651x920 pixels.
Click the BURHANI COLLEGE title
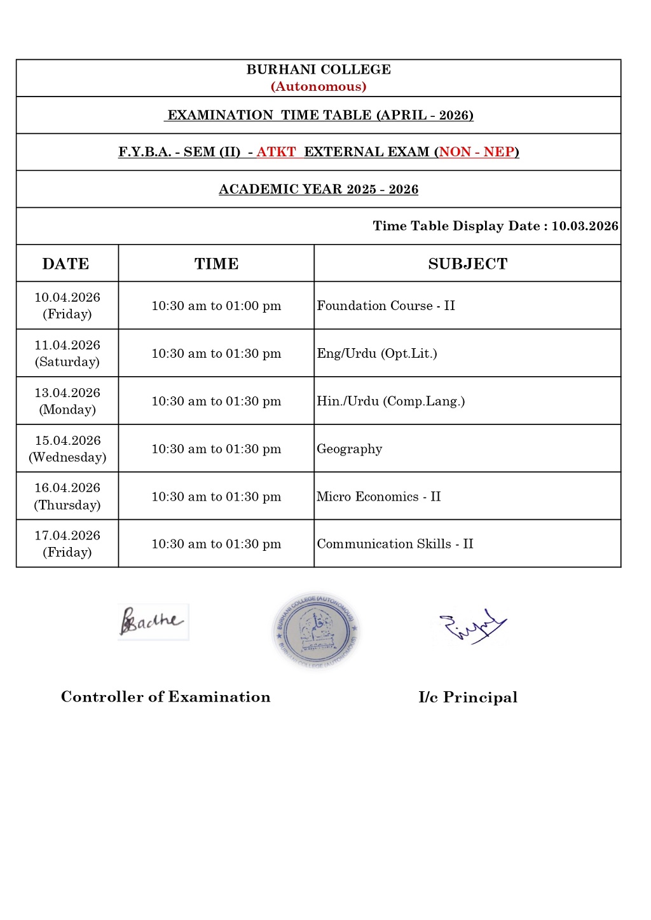coord(319,69)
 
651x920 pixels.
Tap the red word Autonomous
coord(319,86)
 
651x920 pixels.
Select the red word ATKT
coord(276,152)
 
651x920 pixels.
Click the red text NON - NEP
coord(477,152)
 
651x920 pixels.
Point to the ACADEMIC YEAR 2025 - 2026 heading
coord(319,189)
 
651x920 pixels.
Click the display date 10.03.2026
coord(585,226)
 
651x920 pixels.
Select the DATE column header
coord(66,264)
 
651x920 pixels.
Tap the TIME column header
coord(216,264)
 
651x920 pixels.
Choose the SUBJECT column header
coord(467,264)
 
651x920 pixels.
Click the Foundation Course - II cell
coord(386,306)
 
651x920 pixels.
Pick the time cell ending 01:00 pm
coord(216,306)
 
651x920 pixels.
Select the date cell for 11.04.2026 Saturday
coord(67,353)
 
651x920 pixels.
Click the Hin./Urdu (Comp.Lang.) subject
coord(390,401)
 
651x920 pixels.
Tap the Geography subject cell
coord(350,449)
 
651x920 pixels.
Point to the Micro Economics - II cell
coord(378,496)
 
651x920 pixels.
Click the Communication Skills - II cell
coord(395,544)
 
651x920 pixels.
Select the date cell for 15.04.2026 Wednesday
coord(67,449)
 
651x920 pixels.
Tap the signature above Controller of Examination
coord(153,621)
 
